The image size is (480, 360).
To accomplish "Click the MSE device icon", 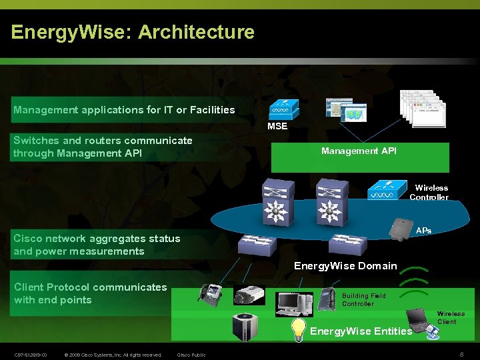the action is (284, 110).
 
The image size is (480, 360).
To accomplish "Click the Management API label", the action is (359, 151).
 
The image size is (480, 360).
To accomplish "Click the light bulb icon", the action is (299, 329).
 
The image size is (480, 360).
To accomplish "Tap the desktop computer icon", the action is (295, 303).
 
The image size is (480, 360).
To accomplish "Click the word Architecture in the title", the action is (197, 32).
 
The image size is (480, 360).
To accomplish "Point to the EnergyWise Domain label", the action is (345, 266).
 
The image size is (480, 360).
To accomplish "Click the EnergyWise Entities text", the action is (361, 331).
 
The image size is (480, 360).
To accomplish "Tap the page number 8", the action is (461, 354).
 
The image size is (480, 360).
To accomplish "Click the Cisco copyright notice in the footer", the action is (114, 355).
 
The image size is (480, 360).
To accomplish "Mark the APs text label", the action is (423, 231).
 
